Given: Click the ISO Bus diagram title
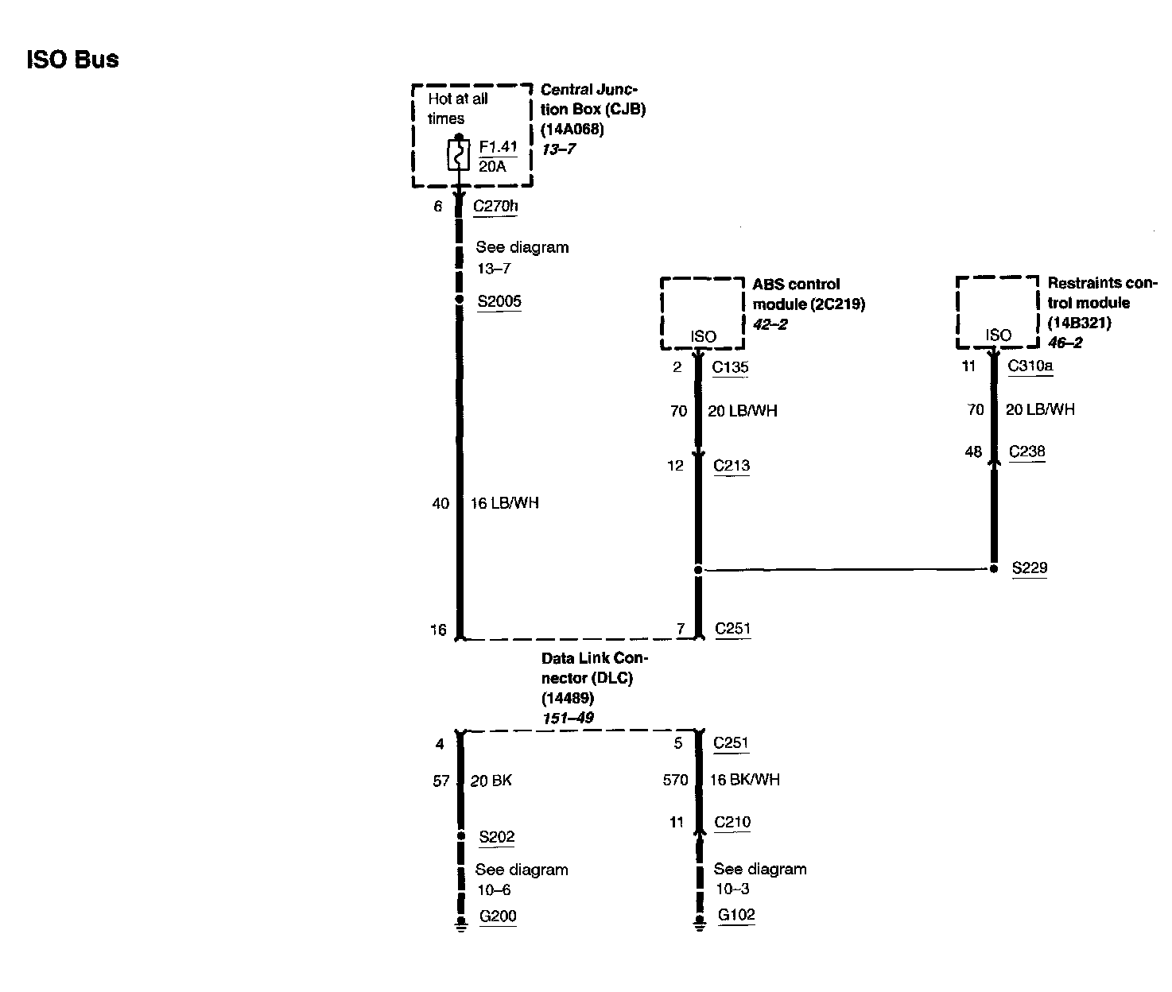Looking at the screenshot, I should (x=73, y=60).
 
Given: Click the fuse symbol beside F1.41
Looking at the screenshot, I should (x=458, y=154).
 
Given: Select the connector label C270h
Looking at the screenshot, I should (x=495, y=207).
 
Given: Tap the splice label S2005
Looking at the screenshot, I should (x=499, y=302).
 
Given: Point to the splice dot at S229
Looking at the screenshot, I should (x=993, y=569).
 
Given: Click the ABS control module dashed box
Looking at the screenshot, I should (x=702, y=313).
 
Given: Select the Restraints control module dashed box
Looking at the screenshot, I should (x=997, y=312).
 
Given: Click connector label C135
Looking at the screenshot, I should (x=730, y=367).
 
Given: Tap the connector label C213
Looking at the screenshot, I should (x=732, y=466).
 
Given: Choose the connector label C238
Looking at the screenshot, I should (x=1026, y=452).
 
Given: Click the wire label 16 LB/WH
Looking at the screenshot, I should (x=505, y=503).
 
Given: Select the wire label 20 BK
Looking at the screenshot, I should (x=491, y=781).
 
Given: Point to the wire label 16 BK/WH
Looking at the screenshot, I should (x=744, y=780).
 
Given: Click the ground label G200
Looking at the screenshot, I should (x=498, y=916).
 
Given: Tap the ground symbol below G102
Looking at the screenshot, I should (x=699, y=923).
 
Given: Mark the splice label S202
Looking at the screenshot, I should (x=497, y=837).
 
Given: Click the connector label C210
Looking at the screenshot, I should (x=732, y=823).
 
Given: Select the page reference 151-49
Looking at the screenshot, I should (x=567, y=718).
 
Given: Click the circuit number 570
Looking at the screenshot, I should (x=675, y=780).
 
